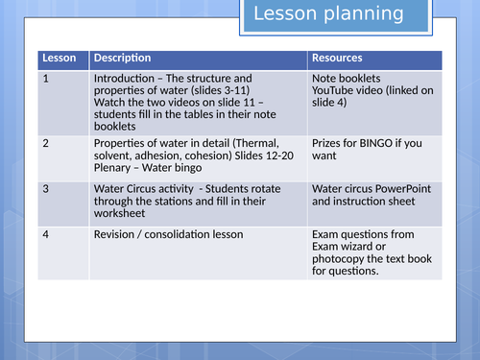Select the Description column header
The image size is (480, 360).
pos(122,59)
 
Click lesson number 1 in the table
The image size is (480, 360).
pos(45,79)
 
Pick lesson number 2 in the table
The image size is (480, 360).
pos(45,142)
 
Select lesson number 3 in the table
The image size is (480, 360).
pos(45,190)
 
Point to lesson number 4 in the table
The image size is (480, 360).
pos(45,233)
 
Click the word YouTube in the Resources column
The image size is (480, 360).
pos(335,91)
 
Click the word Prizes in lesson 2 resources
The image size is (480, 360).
pos(328,142)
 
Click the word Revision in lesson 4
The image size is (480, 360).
pos(117,233)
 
